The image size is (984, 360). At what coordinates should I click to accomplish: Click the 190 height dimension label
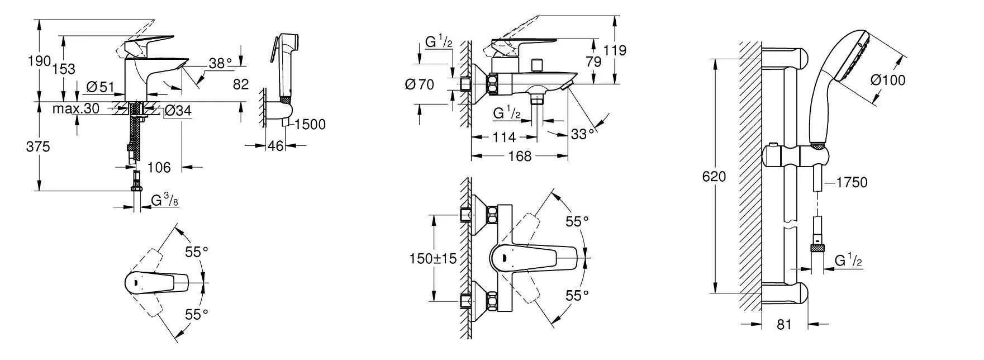click(40, 61)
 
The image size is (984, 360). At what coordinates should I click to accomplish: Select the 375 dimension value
click(39, 147)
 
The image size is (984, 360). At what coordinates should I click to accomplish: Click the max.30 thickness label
click(76, 109)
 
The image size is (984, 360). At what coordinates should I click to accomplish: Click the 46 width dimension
click(276, 146)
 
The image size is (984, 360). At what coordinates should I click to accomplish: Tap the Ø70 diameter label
click(419, 85)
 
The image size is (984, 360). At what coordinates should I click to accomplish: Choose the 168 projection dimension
click(520, 157)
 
